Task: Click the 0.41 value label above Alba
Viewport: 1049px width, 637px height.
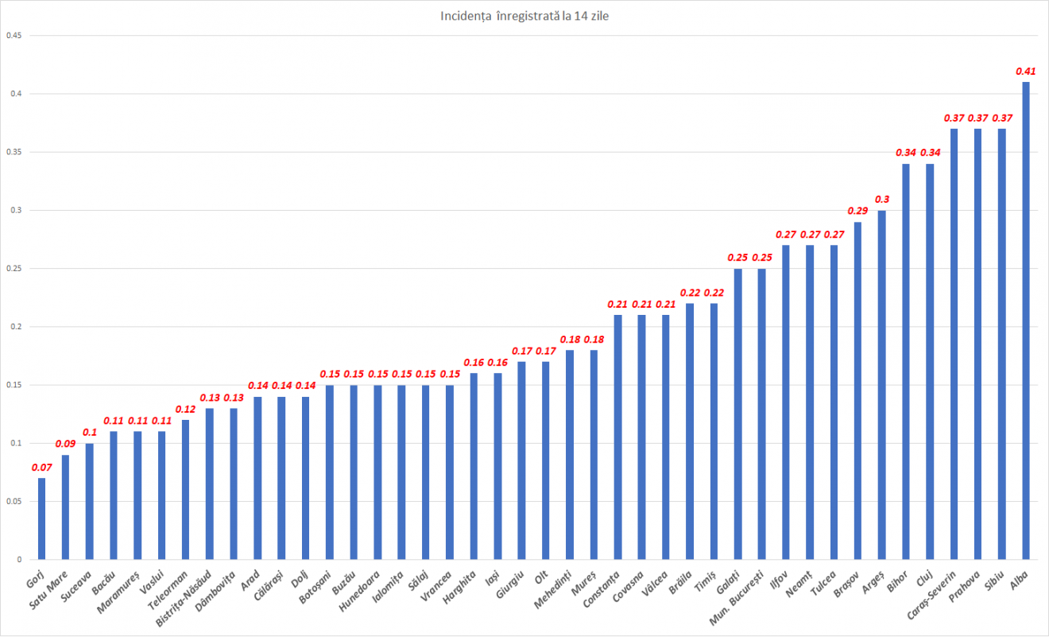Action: click(1026, 71)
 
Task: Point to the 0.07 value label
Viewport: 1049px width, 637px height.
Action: click(41, 467)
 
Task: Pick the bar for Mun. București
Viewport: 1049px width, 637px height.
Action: click(762, 414)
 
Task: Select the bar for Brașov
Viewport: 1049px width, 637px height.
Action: click(858, 390)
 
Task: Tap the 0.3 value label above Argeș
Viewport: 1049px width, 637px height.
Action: click(882, 199)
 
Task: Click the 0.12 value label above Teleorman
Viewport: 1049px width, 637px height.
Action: click(185, 409)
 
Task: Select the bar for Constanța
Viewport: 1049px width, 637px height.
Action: click(618, 437)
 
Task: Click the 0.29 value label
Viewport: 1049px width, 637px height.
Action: click(858, 211)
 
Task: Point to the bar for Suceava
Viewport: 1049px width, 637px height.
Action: click(89, 501)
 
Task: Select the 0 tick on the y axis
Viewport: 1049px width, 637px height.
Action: click(17, 560)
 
